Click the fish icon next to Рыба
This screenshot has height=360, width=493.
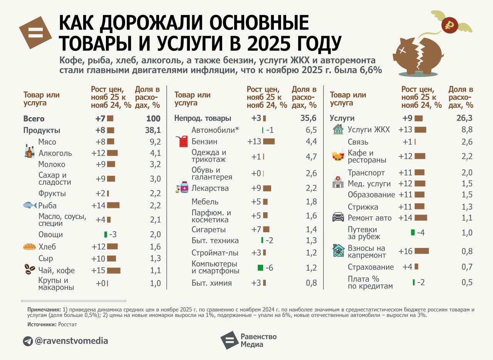tap(30, 205)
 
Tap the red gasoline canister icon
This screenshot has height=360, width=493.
tap(183, 141)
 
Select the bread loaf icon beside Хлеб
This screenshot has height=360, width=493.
tap(29, 247)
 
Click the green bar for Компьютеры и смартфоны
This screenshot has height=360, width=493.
tap(260, 268)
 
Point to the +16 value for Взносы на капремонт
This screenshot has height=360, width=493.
tap(406, 251)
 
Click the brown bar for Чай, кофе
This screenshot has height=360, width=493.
tap(114, 270)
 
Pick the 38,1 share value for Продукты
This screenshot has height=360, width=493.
tap(153, 131)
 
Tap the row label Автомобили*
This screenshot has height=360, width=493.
tap(215, 130)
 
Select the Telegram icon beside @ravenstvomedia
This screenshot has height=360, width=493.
tap(28, 341)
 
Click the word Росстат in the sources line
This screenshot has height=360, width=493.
tap(67, 325)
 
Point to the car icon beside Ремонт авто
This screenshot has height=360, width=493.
tap(338, 217)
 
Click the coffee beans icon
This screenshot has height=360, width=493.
tap(30, 270)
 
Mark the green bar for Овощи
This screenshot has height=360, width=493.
tap(106, 234)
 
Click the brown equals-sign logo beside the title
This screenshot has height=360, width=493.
tap(35, 32)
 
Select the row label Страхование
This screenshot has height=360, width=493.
tap(371, 267)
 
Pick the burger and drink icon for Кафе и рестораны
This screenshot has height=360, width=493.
tap(338, 156)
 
